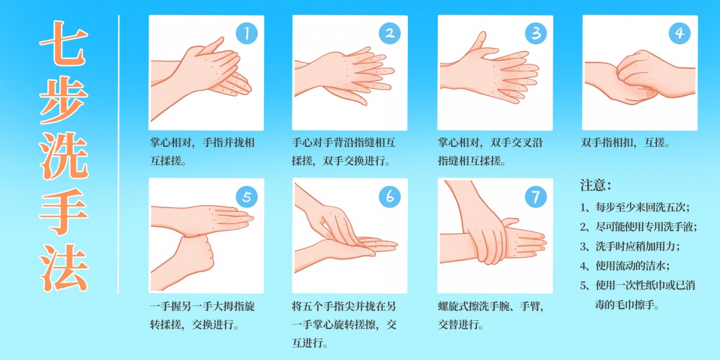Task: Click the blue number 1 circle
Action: [x=247, y=33]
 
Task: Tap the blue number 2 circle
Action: [x=389, y=33]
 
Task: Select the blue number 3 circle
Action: [x=535, y=33]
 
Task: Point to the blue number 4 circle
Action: [x=679, y=33]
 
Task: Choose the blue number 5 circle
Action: [x=247, y=196]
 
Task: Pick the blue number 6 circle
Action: [x=389, y=196]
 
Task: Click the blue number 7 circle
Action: [x=535, y=196]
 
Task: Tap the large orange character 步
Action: [x=64, y=100]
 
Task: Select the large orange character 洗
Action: [x=64, y=155]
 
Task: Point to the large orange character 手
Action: [x=64, y=211]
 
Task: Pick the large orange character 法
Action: [x=64, y=268]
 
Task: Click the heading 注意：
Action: [x=596, y=185]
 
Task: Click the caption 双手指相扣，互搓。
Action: [x=626, y=142]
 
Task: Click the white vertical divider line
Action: [x=119, y=154]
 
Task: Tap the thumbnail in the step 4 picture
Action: [x=650, y=93]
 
